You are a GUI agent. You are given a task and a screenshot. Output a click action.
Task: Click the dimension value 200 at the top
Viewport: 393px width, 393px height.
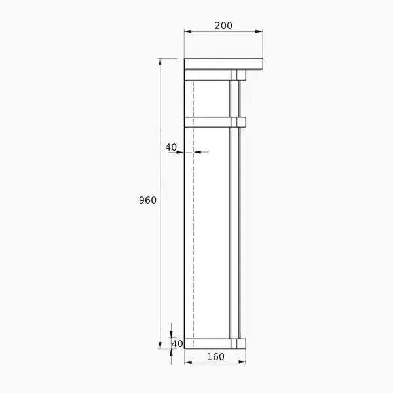[223, 26]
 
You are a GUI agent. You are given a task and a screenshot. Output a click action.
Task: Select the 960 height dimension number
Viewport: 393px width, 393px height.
[147, 200]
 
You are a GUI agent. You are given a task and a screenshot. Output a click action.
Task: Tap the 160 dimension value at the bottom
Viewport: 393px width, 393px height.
[215, 357]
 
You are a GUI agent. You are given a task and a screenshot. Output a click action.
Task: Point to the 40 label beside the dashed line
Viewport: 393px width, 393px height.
[171, 147]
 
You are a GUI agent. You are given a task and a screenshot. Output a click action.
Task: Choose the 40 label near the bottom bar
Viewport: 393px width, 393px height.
[178, 344]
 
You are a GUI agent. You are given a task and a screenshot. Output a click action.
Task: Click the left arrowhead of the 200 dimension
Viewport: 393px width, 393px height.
[188, 31]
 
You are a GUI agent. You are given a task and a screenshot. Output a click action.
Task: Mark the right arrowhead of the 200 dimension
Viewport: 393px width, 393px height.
[259, 31]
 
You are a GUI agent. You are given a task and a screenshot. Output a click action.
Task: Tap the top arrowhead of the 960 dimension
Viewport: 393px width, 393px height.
[160, 62]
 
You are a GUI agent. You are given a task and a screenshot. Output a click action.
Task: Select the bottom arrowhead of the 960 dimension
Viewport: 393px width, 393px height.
[160, 345]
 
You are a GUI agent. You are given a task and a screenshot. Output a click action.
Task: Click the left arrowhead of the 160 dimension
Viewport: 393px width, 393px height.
[188, 362]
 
